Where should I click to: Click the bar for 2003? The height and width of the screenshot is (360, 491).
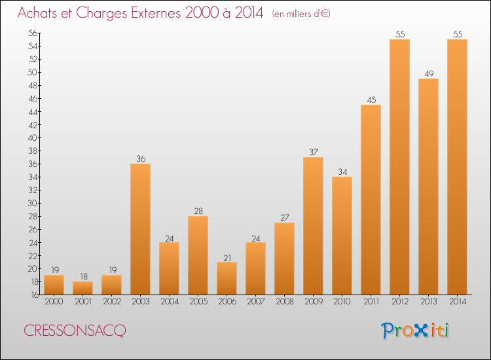pos(140,229)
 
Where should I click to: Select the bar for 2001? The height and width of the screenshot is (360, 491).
pos(82,288)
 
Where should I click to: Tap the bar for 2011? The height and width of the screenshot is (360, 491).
pos(371,200)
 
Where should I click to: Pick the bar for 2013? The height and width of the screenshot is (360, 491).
pos(428,187)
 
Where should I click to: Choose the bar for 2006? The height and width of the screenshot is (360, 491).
pos(227,278)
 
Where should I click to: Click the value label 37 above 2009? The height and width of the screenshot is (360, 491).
pos(314,152)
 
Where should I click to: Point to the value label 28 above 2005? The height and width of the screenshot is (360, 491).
pos(198,211)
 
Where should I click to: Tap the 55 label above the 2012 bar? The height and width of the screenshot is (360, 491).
pos(400,34)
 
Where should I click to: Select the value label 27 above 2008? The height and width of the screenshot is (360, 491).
pos(285,217)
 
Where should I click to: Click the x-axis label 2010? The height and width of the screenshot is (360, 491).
pos(342,302)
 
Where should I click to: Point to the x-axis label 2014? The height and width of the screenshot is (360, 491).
pos(458,302)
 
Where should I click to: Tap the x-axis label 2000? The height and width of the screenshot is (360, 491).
pos(54,302)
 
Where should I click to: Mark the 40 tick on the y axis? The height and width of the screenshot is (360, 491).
pos(33,137)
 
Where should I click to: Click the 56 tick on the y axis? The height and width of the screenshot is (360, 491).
pos(33,33)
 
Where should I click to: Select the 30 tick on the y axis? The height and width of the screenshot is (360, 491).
pos(33,203)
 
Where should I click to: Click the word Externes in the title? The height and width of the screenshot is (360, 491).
pos(156,13)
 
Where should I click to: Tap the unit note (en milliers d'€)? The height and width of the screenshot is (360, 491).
pos(301,14)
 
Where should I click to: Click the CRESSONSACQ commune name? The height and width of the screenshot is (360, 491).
pos(75,331)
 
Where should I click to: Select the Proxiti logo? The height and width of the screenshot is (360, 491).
pos(415,331)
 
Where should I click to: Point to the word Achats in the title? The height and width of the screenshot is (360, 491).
pos(37,13)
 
